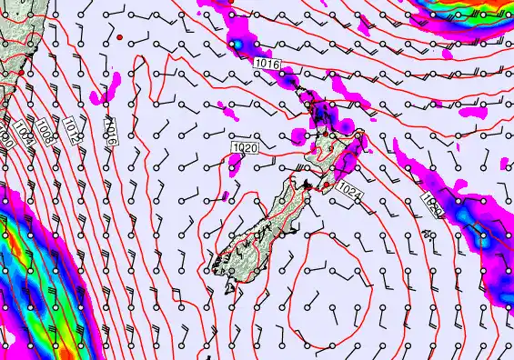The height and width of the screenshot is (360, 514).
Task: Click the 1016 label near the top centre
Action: coord(267,65)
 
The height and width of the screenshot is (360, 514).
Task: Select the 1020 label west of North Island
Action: coord(244,147)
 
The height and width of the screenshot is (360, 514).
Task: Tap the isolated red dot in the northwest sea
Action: coord(119,37)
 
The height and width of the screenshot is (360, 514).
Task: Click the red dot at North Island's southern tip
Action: coord(326,185)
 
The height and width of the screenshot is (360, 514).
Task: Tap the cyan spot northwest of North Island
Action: coord(237,44)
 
